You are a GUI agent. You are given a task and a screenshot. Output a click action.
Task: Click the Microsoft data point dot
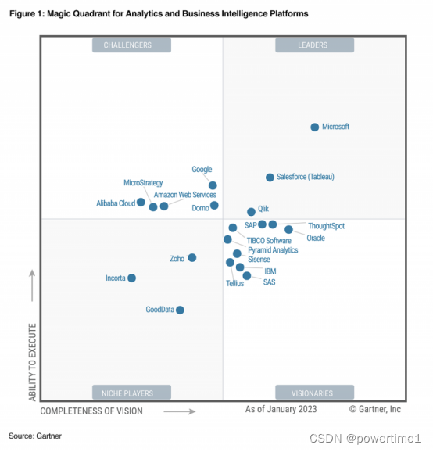(x=315, y=127)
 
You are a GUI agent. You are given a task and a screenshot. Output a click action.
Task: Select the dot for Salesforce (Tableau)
(x=270, y=178)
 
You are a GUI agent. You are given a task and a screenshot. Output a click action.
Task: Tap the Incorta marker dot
(x=131, y=278)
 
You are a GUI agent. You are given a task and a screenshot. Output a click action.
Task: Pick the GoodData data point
(x=180, y=310)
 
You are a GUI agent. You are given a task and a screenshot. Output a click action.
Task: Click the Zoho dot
(x=192, y=257)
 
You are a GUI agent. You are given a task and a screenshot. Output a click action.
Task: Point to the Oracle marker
(x=289, y=230)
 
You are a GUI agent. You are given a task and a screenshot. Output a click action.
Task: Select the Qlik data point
(x=251, y=211)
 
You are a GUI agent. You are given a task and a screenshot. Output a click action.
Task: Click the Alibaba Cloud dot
(x=141, y=202)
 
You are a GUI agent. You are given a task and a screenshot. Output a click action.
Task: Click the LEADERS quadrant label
(x=313, y=45)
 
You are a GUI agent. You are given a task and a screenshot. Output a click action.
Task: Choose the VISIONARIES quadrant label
(x=313, y=393)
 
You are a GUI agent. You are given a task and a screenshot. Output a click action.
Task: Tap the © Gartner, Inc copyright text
(x=375, y=409)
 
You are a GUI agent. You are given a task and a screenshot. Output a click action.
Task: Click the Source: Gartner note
(x=35, y=435)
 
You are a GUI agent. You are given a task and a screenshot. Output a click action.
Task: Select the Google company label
(x=202, y=170)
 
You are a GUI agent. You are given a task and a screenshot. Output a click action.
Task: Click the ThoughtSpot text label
(x=326, y=226)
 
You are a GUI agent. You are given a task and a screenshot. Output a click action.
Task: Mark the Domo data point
(x=214, y=206)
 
